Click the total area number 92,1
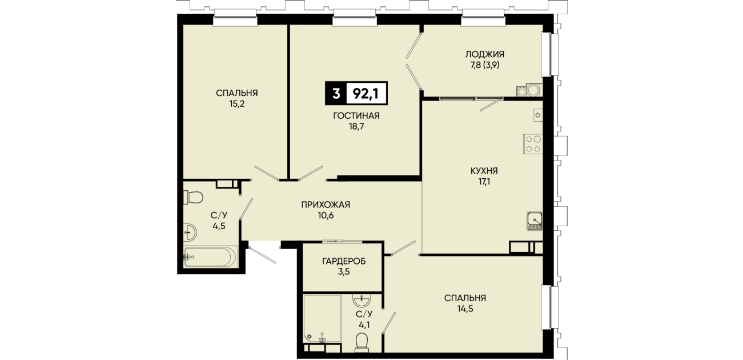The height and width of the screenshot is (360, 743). click(366, 94)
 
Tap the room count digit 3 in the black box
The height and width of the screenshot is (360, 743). click(336, 94)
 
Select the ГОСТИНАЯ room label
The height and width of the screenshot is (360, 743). click(356, 116)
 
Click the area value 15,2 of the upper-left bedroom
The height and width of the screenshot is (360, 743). click(237, 104)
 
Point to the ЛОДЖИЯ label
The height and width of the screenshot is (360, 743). click(485, 54)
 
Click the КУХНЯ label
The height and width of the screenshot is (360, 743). click(484, 171)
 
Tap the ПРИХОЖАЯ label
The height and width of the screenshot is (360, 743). click(326, 205)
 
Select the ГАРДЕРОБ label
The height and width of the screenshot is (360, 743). click(344, 262)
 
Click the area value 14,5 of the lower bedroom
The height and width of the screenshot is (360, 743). click(465, 309)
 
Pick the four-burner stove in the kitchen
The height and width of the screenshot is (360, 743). click(533, 143)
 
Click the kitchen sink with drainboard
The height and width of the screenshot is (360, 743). click(535, 221)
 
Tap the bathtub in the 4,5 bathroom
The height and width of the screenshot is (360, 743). click(211, 256)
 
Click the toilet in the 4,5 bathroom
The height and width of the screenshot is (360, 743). click(193, 197)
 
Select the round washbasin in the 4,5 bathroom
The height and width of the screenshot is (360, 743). click(190, 232)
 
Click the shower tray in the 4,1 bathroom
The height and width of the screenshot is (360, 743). click(322, 318)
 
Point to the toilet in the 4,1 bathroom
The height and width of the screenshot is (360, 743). click(362, 342)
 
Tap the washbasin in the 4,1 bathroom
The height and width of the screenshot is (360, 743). click(362, 301)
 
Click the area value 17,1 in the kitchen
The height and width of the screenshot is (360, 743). click(484, 182)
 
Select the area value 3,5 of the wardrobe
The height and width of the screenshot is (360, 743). click(344, 272)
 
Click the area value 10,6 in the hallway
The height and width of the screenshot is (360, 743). click(326, 215)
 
